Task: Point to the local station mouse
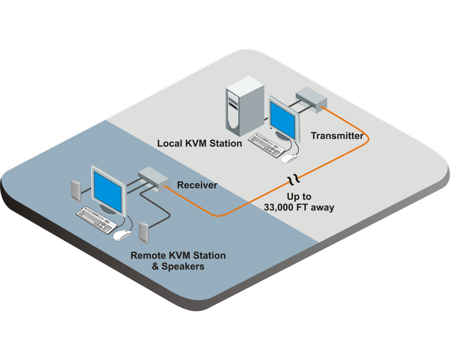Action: pyautogui.click(x=290, y=158)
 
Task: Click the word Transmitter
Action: pyautogui.click(x=337, y=135)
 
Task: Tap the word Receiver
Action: pyautogui.click(x=197, y=185)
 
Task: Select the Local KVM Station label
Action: pyautogui.click(x=199, y=144)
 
